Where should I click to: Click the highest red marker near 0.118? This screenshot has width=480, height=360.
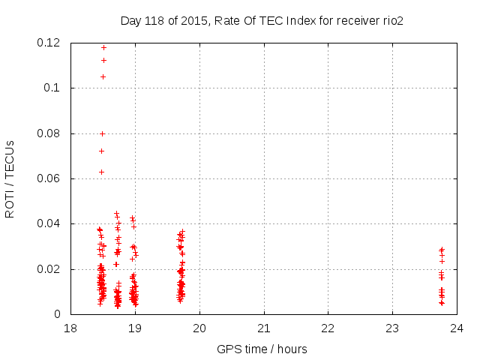[x=103, y=47]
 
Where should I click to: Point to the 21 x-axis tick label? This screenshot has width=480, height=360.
[x=264, y=328]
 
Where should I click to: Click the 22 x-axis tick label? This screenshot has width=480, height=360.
[x=328, y=328]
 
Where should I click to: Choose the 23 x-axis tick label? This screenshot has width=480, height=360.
[x=392, y=328]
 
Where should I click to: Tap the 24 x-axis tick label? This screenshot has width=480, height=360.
[x=457, y=328]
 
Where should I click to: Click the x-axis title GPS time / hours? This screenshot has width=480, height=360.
[x=262, y=349]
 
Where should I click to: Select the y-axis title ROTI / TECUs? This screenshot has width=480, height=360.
[x=10, y=178]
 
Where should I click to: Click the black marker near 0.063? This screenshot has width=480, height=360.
[x=101, y=172]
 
